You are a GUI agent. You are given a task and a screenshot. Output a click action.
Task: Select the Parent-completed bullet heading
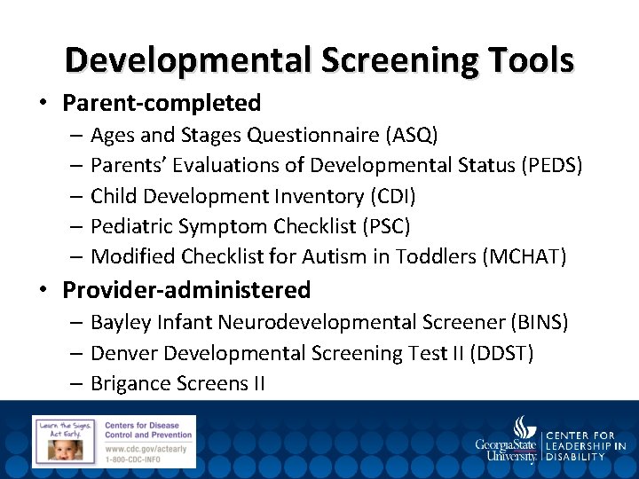click(x=162, y=103)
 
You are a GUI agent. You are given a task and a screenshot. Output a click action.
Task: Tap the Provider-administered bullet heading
click(x=186, y=290)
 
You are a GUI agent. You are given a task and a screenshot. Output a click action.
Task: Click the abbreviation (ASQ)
click(x=411, y=136)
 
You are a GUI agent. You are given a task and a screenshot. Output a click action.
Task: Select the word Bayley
click(x=120, y=322)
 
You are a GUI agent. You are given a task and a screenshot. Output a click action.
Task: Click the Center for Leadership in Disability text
click(x=586, y=446)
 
